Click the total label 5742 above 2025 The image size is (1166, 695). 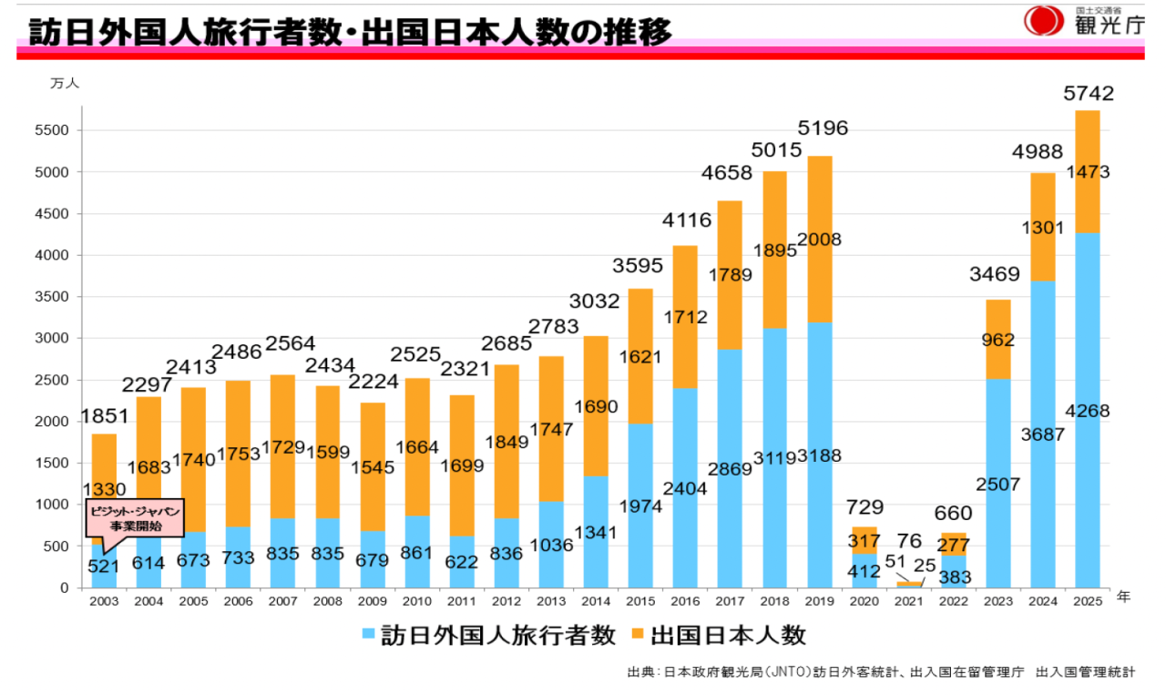[1089, 93]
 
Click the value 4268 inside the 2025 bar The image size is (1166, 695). [1088, 412]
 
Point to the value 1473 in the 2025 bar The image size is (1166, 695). [1088, 172]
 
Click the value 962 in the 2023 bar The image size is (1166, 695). [998, 341]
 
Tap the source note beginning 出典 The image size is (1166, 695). [880, 672]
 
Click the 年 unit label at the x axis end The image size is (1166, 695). [1123, 598]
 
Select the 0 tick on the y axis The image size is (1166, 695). [64, 588]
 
